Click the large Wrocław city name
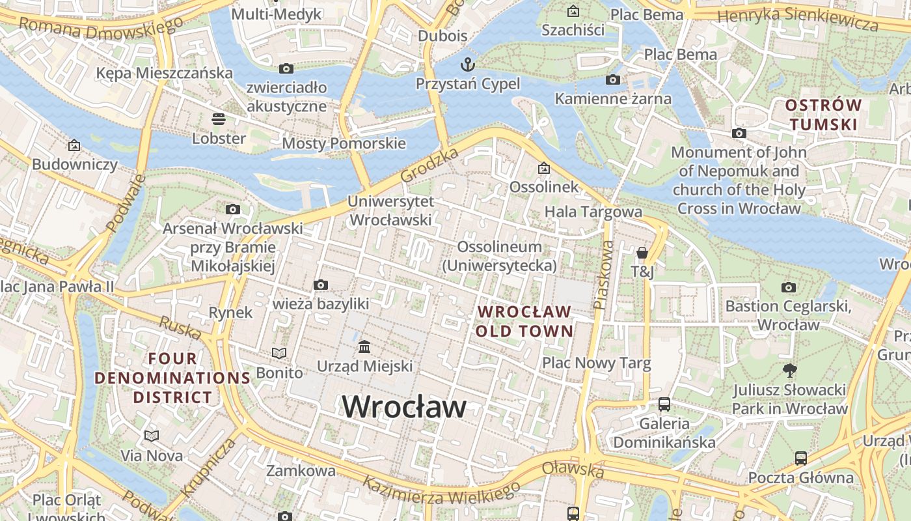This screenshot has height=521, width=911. tap(404, 407)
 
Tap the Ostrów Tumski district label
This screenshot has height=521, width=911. tap(823, 115)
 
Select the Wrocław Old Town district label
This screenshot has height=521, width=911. tap(524, 321)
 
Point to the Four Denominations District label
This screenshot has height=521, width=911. tap(172, 378)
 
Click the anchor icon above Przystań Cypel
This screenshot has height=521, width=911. tap(467, 64)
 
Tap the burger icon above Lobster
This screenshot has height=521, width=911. tap(218, 119)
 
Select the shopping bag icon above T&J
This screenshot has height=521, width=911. tap(642, 253)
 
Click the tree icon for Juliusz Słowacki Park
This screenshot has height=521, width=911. tap(790, 371)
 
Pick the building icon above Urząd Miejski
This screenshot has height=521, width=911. tap(364, 346)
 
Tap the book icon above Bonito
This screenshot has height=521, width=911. tap(279, 353)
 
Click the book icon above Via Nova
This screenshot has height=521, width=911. tap(152, 436)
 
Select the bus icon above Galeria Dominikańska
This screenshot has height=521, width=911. tap(664, 404)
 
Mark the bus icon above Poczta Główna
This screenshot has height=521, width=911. tap(800, 458)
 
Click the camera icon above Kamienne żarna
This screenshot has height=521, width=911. tap(612, 79)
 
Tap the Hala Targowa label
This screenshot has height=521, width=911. tap(593, 212)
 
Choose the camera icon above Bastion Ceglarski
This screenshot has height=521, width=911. tap(788, 287)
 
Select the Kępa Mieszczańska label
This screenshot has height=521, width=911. tap(164, 73)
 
